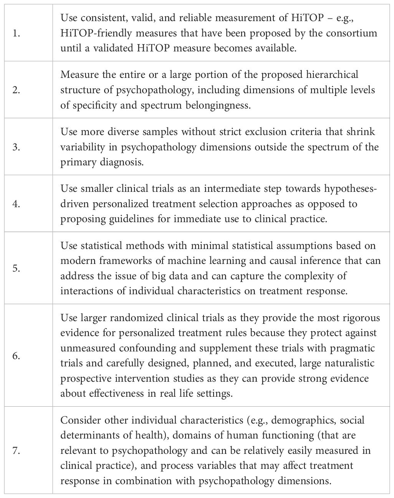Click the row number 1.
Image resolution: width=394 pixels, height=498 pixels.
click(16, 33)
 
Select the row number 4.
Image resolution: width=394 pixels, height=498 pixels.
click(16, 204)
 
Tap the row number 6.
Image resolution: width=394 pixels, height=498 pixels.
click(16, 356)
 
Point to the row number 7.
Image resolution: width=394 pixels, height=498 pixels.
click(16, 450)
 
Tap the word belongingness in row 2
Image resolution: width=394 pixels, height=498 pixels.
click(212, 105)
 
